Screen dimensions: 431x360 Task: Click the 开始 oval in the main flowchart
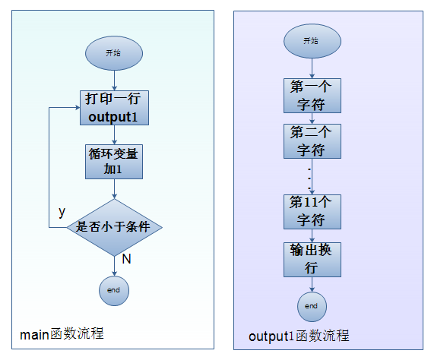pos(114,53)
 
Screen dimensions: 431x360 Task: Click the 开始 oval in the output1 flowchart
pos(312,41)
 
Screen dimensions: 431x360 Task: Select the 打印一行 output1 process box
pos(114,108)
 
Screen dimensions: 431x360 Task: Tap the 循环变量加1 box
pos(114,162)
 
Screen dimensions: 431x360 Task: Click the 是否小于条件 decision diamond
pos(114,227)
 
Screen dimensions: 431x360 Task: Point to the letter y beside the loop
pos(62,212)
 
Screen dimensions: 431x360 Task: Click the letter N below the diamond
pos(126,259)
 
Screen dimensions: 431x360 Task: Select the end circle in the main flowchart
pos(114,291)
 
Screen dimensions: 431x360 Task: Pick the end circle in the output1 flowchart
pos(312,307)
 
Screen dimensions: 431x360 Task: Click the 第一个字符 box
pos(312,96)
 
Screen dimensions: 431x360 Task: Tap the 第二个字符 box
pos(312,141)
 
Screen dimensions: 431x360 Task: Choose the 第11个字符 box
pos(312,212)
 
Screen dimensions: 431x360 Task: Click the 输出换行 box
pos(312,260)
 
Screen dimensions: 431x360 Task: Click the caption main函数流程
pos(62,334)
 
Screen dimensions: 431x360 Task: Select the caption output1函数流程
pos(299,336)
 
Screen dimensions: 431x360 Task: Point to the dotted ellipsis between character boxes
pos(309,178)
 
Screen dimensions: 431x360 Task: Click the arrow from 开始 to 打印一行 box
pos(114,81)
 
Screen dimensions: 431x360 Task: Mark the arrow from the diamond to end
pos(114,266)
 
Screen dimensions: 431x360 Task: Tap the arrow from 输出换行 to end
pos(312,285)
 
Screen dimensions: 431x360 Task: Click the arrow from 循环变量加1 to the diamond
pos(114,189)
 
